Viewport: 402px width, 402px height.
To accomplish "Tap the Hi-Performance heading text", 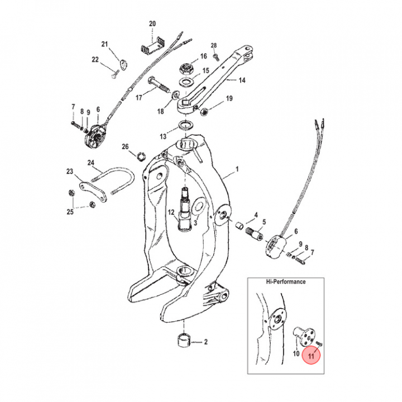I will point(285,282).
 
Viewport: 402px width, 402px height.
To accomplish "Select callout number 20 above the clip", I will point(152,23).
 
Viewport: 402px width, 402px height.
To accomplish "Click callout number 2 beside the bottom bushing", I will point(205,341).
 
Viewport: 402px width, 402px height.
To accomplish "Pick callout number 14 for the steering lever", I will point(242,80).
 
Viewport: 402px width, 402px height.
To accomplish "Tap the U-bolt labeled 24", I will point(114,181).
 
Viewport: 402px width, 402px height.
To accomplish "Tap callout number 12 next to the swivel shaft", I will point(171,212).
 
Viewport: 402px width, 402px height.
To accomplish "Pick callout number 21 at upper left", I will point(104,44).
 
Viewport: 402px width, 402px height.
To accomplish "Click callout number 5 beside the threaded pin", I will point(264,222).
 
